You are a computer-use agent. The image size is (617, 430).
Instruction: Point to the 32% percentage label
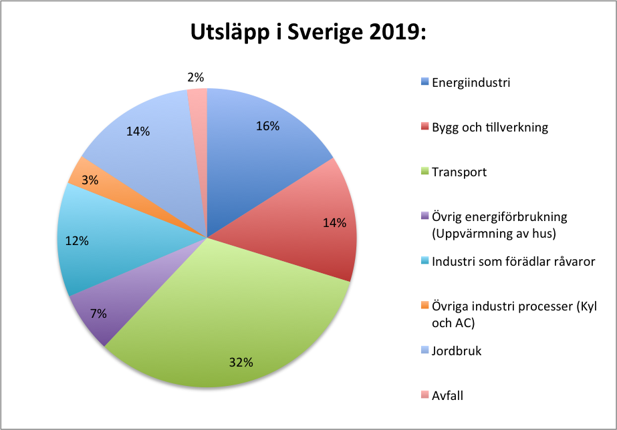(x=241, y=363)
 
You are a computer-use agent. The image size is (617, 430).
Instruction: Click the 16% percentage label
(x=268, y=126)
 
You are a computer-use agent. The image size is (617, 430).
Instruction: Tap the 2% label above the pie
(x=195, y=77)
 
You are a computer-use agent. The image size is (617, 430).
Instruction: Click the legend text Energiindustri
(x=471, y=83)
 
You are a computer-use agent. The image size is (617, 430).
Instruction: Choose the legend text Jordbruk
(x=457, y=351)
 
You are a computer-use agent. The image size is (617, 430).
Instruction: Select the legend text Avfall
(x=447, y=395)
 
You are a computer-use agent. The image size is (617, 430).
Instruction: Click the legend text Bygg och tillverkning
(x=489, y=127)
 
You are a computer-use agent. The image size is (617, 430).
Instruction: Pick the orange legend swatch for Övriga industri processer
(x=425, y=305)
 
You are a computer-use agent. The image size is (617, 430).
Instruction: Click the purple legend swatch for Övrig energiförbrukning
(x=425, y=216)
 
